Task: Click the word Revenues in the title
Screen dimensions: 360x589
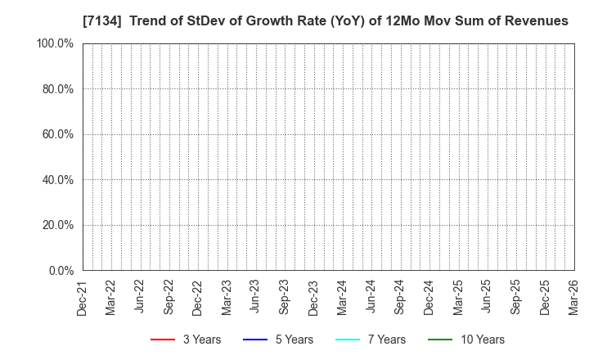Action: point(536,21)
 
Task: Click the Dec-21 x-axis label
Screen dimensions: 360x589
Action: point(82,297)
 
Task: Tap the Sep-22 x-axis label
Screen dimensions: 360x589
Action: point(169,297)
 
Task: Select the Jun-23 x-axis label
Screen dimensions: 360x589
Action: point(255,297)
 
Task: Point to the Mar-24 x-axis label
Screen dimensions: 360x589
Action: point(342,297)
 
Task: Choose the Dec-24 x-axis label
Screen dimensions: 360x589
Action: point(429,297)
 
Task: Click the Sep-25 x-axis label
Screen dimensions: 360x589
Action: point(515,297)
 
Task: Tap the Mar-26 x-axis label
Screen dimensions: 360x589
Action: point(573,297)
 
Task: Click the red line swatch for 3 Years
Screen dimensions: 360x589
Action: point(163,340)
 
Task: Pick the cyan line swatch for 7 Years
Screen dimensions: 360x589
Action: point(349,340)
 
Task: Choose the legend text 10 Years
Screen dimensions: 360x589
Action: point(482,340)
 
